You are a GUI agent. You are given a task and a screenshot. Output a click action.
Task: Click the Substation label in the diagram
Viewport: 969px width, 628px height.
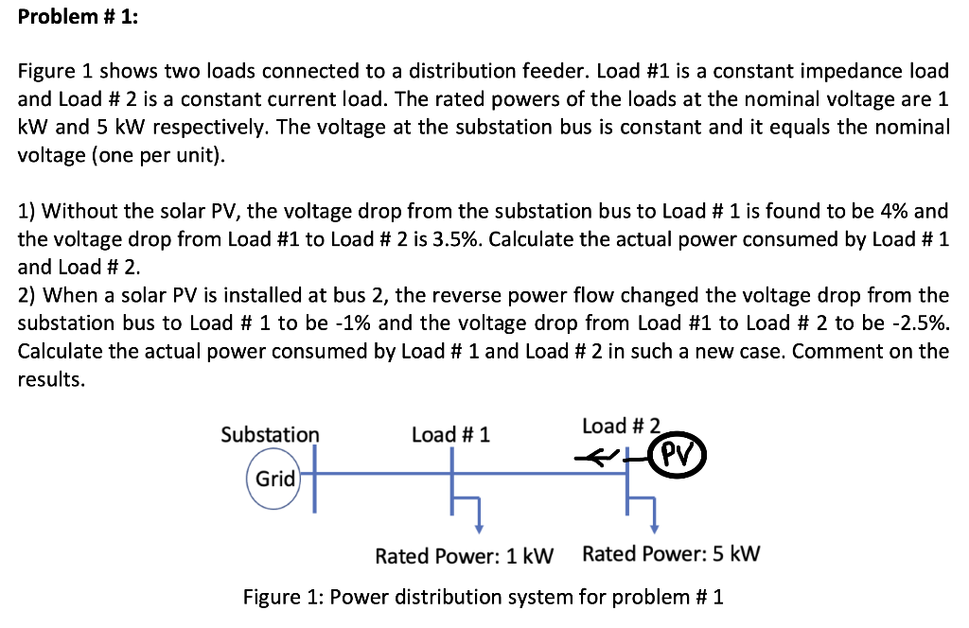[270, 434]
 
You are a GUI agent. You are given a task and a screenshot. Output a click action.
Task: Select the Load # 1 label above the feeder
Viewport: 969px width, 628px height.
[450, 434]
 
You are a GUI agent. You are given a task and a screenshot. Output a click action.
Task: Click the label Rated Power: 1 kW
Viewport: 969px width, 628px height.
[464, 555]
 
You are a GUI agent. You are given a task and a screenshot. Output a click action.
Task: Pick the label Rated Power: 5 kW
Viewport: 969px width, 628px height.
[671, 554]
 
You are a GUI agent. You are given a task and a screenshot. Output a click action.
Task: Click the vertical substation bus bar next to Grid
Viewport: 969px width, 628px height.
[314, 478]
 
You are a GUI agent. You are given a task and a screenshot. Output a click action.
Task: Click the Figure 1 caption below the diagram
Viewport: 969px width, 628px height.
[483, 597]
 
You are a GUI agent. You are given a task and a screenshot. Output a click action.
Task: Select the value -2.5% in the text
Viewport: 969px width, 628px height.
[917, 323]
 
